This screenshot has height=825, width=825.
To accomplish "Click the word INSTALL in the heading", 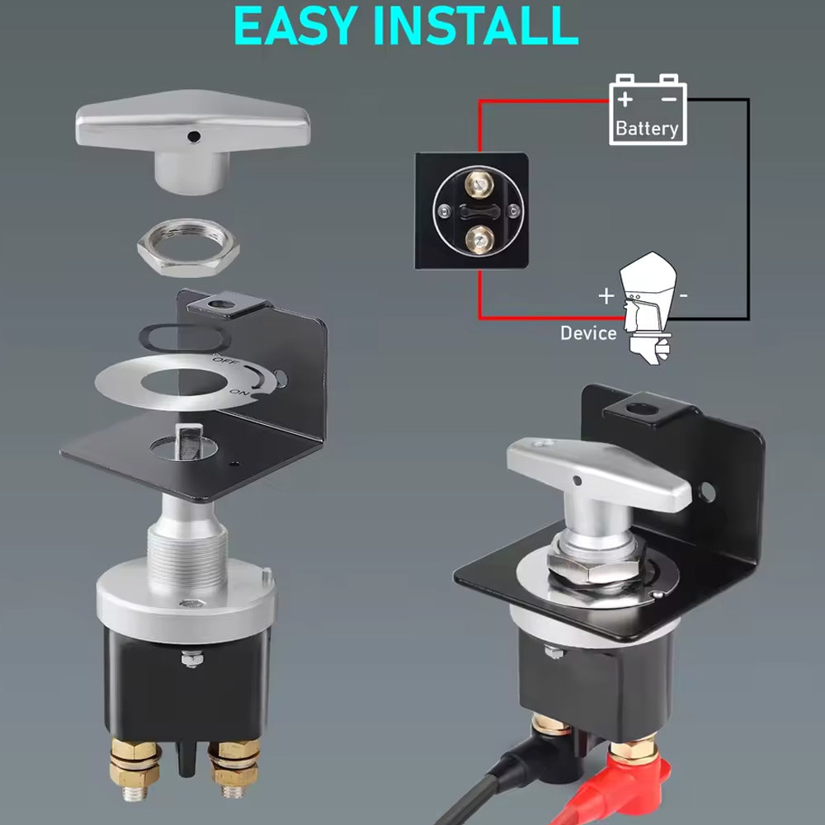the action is (475, 26).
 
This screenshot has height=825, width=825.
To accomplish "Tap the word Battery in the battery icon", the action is (647, 129).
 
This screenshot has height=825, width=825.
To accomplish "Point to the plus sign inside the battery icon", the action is (625, 99).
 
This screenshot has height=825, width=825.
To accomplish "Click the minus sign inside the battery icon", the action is (668, 99).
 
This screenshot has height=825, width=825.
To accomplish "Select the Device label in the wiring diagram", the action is (588, 333).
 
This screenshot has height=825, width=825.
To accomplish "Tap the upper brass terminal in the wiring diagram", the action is (478, 185).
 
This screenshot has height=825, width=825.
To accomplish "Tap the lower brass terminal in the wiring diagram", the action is (479, 240).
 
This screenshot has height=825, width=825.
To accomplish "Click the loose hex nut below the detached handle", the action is (188, 247).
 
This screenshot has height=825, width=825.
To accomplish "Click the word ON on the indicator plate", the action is (238, 392).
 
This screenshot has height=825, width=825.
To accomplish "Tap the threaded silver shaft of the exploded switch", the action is (187, 558).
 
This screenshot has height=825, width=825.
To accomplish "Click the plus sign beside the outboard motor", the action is (606, 295).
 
